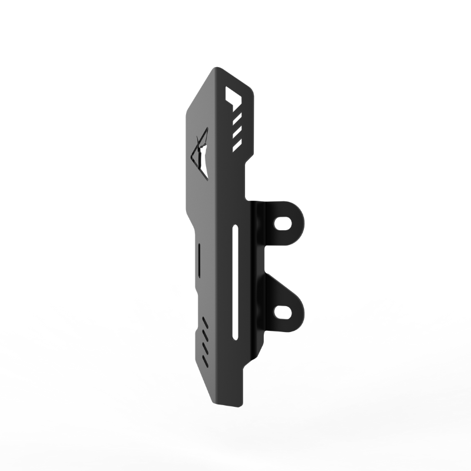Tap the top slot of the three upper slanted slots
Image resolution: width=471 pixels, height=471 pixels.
(237, 120)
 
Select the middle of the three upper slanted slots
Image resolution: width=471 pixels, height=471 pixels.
(237, 132)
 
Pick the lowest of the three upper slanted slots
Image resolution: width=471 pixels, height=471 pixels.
(237, 143)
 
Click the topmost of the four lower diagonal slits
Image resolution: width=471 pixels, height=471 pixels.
(205, 321)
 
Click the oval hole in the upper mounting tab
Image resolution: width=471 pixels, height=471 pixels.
(284, 223)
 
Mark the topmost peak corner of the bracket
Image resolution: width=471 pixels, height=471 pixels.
(217, 67)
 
